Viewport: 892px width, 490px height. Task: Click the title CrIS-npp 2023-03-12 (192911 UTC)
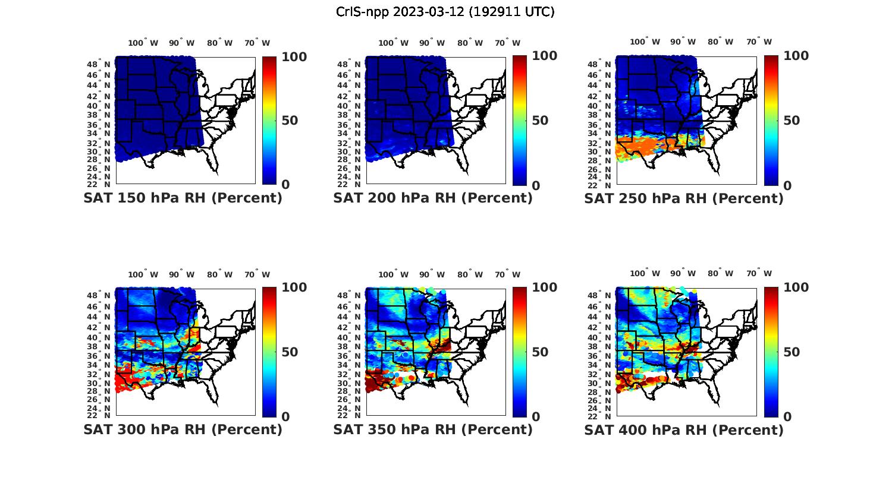445,12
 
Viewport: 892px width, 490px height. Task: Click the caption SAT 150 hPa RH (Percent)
183,198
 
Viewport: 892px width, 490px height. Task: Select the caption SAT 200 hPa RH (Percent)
433,198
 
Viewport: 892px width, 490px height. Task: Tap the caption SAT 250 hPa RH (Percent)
684,198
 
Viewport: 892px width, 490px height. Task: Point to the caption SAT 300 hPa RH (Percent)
183,429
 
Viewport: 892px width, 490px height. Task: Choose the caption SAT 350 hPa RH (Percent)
433,429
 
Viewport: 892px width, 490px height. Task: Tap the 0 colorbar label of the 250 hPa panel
787,185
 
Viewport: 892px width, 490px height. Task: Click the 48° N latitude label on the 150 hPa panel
99,64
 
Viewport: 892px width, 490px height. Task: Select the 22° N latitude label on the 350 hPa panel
350,415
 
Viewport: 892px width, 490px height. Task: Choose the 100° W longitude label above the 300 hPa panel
143,274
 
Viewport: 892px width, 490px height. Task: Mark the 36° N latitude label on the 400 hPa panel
600,356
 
